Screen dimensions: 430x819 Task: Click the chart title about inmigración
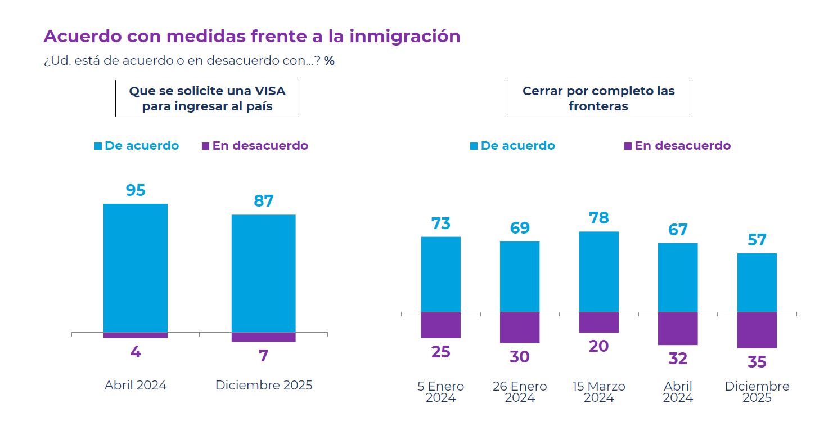click(x=251, y=36)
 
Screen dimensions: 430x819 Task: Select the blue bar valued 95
click(x=136, y=267)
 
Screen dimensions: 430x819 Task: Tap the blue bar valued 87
click(x=263, y=273)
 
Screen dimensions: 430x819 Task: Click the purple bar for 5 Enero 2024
click(x=440, y=325)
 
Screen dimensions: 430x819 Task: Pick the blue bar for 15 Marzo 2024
click(x=598, y=271)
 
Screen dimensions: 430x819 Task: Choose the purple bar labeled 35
click(x=757, y=330)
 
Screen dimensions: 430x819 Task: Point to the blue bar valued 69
click(x=519, y=276)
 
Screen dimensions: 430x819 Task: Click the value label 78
click(x=598, y=218)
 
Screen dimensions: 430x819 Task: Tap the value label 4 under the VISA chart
click(x=136, y=352)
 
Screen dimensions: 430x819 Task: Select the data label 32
click(x=677, y=359)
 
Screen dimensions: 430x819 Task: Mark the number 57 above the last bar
click(x=757, y=240)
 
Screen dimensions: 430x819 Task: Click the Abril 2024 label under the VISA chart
click(x=136, y=386)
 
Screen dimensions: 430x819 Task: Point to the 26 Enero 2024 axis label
click(x=519, y=392)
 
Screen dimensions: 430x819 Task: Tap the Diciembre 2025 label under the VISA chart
click(x=263, y=386)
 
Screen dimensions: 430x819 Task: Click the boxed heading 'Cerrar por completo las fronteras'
click(x=598, y=98)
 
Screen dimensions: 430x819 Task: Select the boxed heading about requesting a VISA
click(x=207, y=98)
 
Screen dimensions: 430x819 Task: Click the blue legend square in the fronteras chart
click(x=474, y=146)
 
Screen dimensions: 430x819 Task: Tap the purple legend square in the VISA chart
click(x=205, y=146)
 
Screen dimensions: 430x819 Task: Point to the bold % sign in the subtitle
click(x=329, y=61)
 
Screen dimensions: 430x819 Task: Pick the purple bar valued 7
click(x=263, y=337)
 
